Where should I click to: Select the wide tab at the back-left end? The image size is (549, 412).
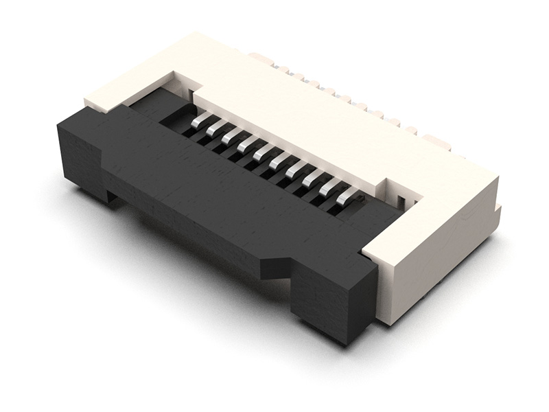[x=261, y=58]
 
